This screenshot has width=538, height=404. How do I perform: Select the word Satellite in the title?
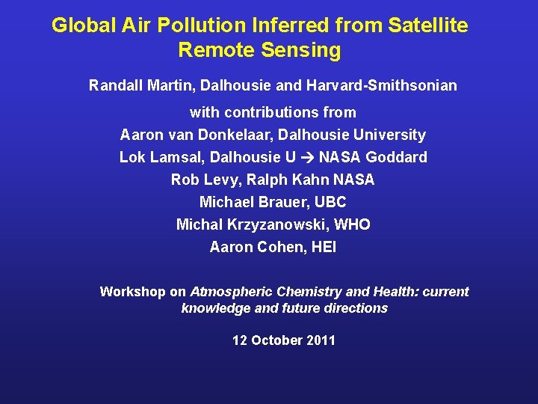428,26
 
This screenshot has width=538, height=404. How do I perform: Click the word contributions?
286,112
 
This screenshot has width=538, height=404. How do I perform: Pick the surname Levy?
214,180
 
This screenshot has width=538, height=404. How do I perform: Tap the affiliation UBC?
330,202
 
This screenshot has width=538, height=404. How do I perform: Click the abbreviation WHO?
352,224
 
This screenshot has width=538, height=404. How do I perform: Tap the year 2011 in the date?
320,340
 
